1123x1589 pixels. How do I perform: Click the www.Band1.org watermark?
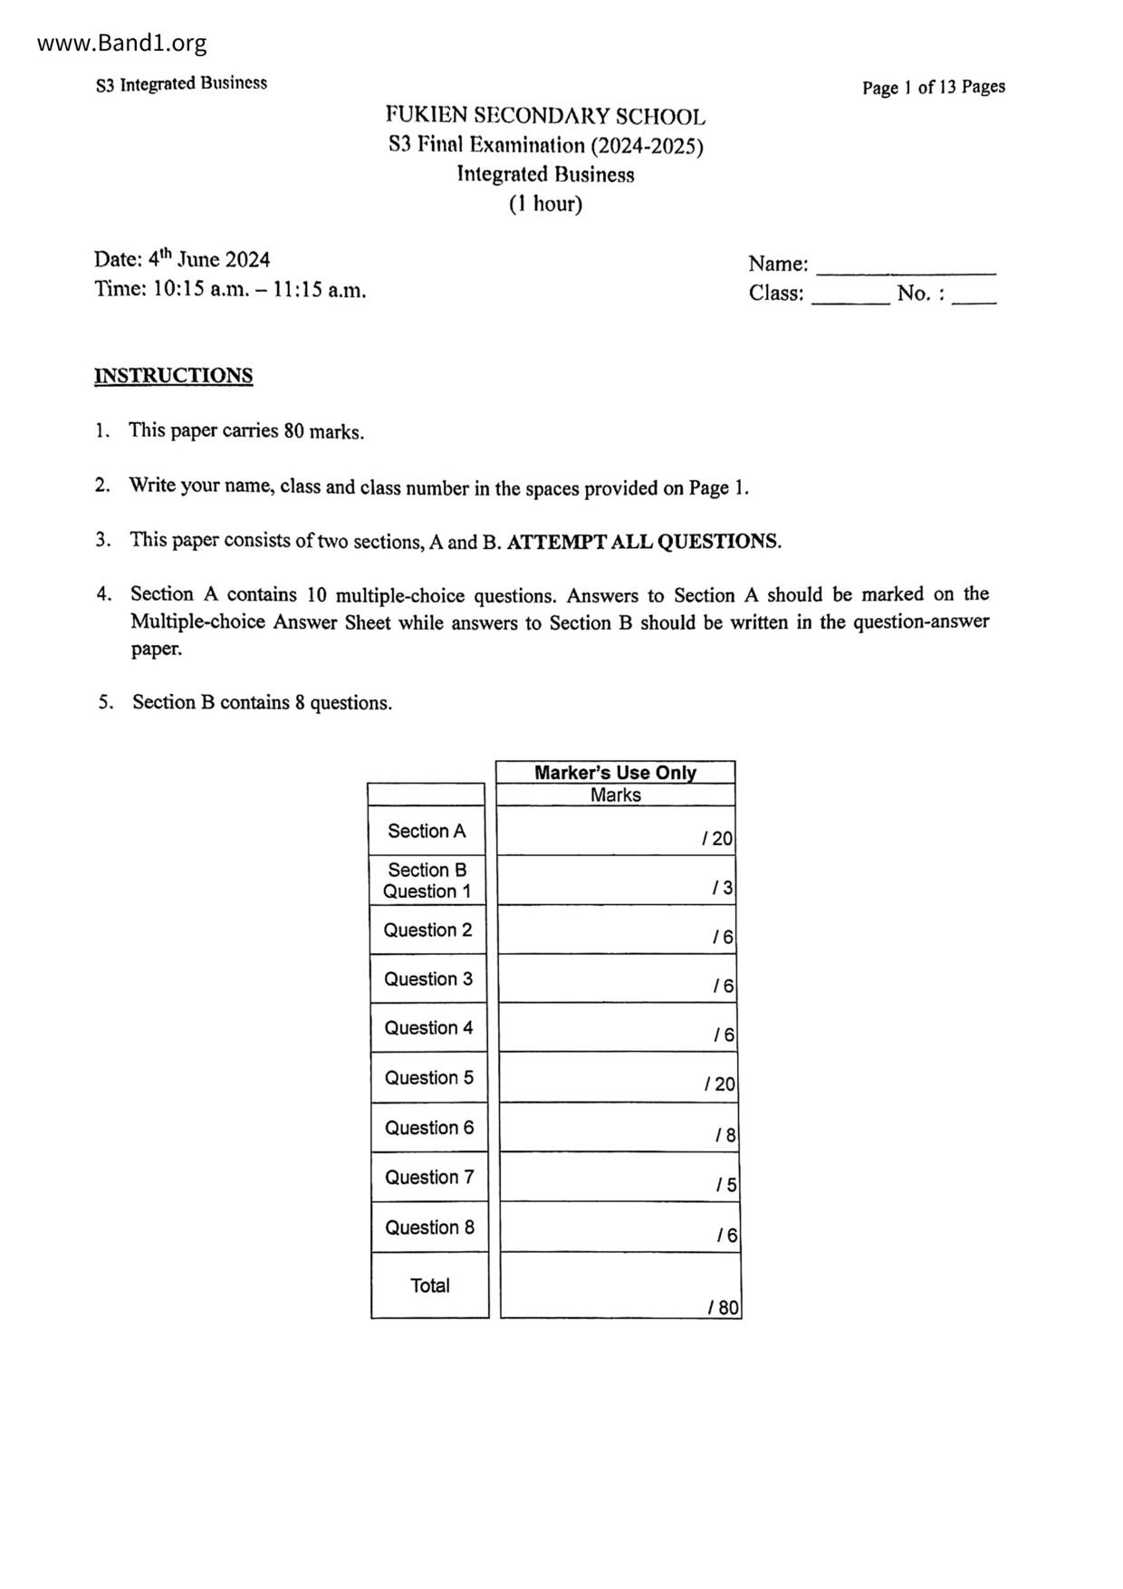pos(122,43)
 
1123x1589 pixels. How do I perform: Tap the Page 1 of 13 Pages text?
pos(933,87)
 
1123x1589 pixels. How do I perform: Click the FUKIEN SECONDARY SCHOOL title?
pos(545,116)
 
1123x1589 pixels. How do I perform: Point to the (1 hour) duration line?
pos(545,204)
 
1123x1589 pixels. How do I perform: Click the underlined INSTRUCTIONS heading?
pos(173,376)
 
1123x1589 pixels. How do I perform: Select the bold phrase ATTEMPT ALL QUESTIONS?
pos(643,542)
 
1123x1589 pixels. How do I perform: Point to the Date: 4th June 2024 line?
pos(182,260)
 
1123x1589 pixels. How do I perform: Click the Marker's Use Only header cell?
pos(615,773)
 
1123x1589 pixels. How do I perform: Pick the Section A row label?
pos(427,831)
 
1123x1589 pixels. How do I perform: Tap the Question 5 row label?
pos(428,1077)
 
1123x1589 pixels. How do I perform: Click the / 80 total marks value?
pos(724,1307)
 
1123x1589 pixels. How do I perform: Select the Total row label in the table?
pos(429,1285)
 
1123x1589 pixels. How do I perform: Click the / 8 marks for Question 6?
pos(725,1135)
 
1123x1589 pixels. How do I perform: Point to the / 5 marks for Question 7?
pos(726,1185)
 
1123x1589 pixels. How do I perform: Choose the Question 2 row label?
pos(427,929)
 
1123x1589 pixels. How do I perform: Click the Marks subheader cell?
pos(615,795)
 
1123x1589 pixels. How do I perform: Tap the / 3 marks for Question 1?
pos(723,888)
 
